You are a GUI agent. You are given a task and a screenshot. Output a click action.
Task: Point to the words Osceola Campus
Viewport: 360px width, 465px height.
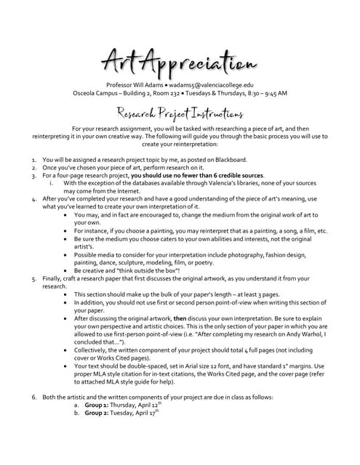click(x=97, y=94)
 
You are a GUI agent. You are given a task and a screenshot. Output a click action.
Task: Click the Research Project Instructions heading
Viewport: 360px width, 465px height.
click(x=179, y=113)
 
